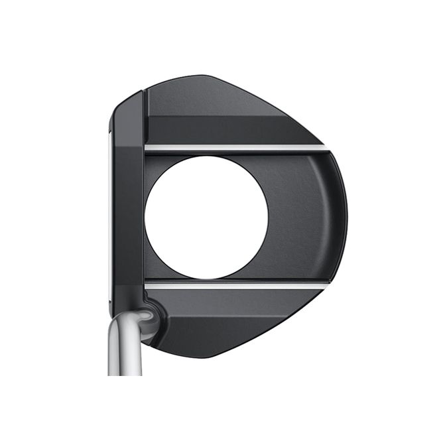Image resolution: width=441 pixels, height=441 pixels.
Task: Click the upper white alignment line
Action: click(x=232, y=147)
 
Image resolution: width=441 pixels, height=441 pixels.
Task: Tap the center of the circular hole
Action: click(x=206, y=217)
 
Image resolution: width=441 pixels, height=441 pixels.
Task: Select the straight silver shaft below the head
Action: click(x=125, y=351)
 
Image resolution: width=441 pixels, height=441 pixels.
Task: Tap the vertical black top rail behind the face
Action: click(x=128, y=199)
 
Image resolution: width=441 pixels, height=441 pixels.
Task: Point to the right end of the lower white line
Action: click(x=325, y=285)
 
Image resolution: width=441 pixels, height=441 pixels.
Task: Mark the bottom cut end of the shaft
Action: click(x=125, y=373)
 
